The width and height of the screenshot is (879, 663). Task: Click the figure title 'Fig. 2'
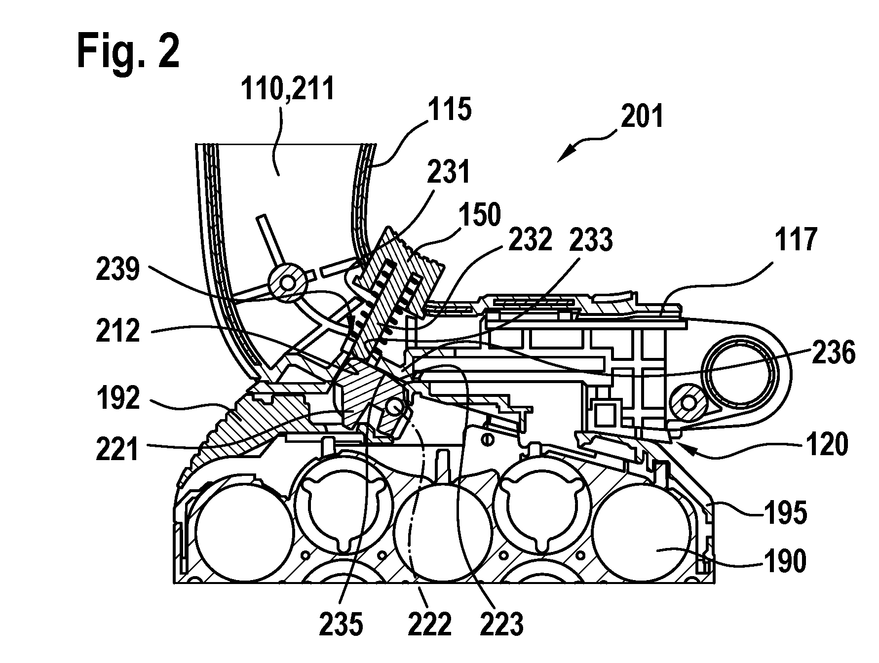point(128,51)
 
